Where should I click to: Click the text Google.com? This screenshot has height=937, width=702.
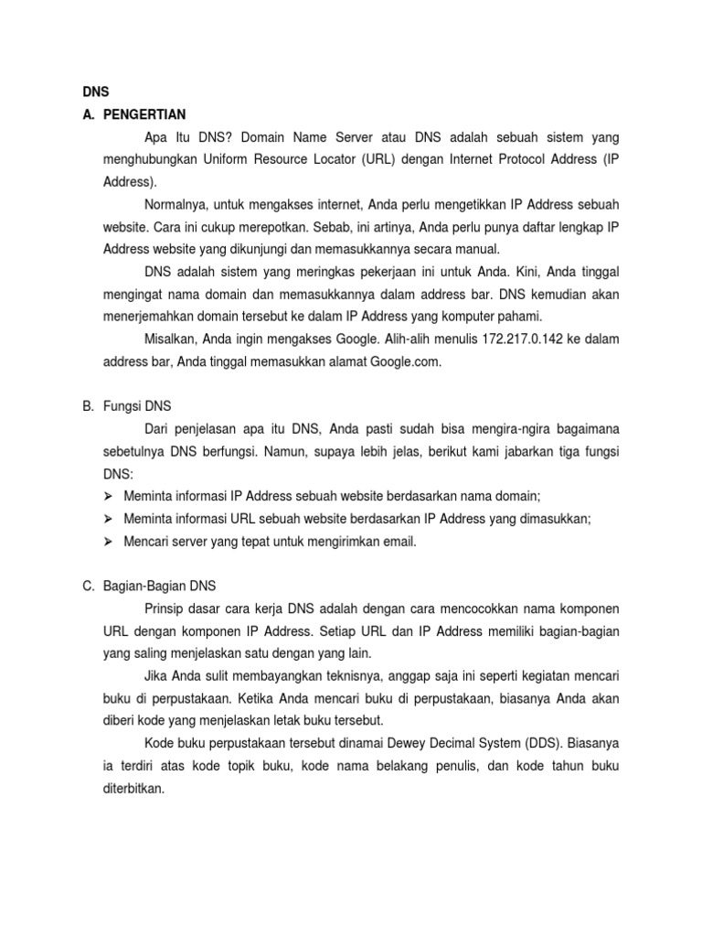tap(406, 361)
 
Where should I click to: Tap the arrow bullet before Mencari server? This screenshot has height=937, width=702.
tap(107, 541)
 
